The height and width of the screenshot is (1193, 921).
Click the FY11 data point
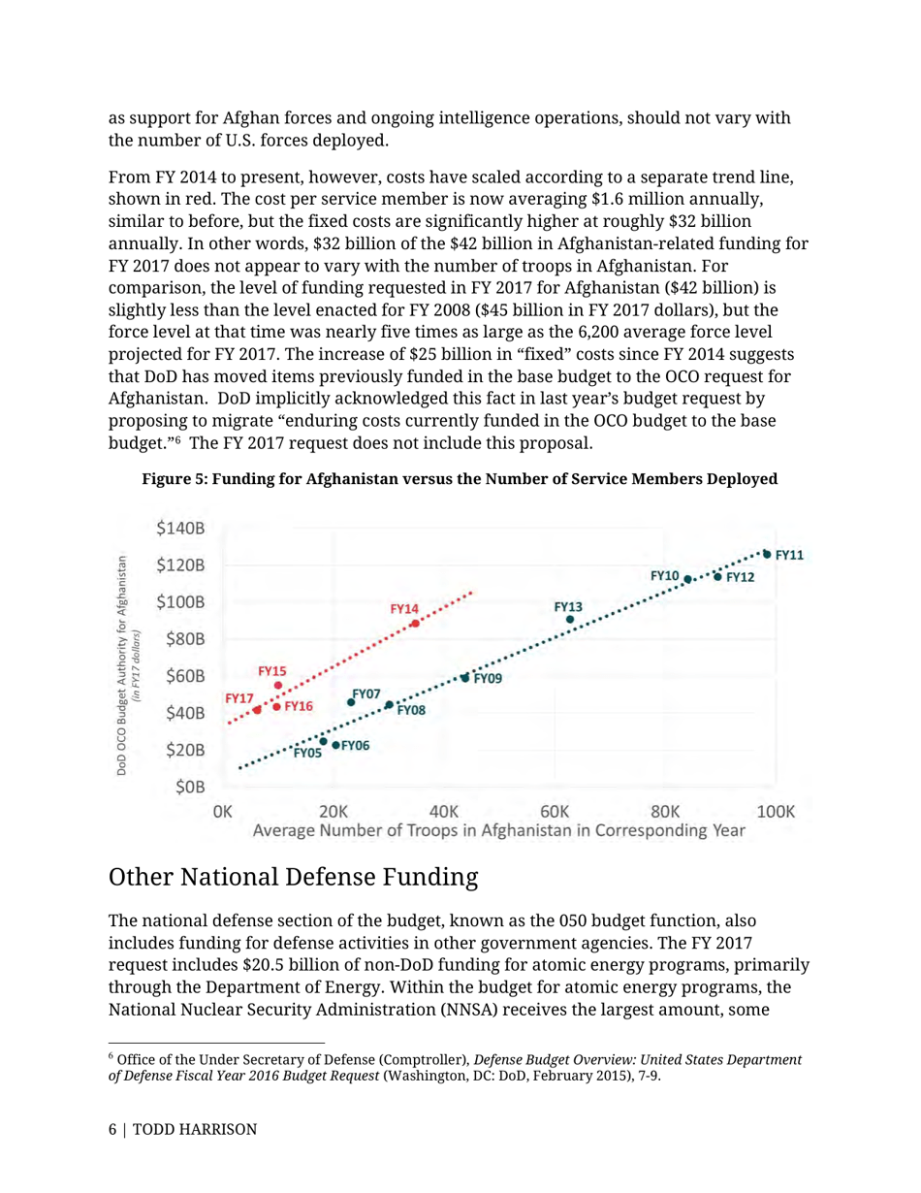(767, 554)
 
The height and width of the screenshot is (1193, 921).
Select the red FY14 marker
(415, 624)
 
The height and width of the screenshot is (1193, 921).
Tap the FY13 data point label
(569, 606)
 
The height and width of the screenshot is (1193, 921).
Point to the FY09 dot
(465, 678)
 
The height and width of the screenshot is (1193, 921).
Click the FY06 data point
(335, 745)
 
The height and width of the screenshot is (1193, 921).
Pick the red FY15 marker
(278, 686)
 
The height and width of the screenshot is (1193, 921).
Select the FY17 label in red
(239, 697)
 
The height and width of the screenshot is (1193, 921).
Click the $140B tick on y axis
(180, 529)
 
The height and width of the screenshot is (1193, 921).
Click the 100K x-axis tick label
(776, 811)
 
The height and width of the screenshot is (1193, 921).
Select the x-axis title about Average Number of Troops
(498, 830)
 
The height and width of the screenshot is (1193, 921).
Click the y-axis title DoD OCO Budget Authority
(123, 664)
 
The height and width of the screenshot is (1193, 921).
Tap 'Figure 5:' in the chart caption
(175, 479)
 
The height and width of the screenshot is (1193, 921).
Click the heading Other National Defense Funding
(294, 878)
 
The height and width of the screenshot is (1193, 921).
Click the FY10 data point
(687, 579)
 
